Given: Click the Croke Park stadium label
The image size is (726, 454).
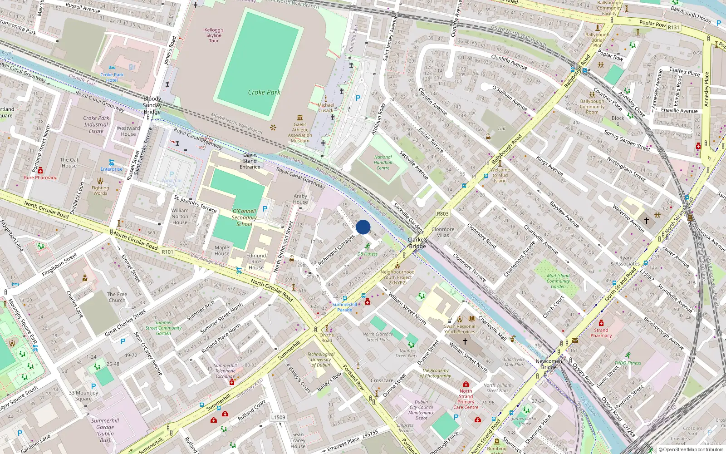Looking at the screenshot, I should (x=264, y=92).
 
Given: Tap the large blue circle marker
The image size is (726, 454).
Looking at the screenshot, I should (x=363, y=227).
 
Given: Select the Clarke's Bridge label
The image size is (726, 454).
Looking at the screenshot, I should (x=417, y=243).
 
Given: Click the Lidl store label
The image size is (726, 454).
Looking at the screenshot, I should (x=501, y=128).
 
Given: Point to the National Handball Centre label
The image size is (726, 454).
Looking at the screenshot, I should (x=383, y=163).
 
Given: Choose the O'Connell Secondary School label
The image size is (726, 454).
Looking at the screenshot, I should (x=244, y=217).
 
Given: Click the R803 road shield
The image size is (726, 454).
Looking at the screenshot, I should (x=442, y=213).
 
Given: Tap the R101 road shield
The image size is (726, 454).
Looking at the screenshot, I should (x=167, y=252).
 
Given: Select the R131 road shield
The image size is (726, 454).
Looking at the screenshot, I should (x=673, y=27).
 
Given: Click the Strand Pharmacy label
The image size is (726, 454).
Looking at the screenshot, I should (x=601, y=333).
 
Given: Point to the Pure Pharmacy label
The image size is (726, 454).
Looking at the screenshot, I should (x=40, y=178).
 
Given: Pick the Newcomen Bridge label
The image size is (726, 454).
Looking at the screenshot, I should (x=549, y=364).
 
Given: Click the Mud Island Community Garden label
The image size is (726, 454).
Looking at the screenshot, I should (x=558, y=281).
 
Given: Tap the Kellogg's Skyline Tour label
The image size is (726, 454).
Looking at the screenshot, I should (x=214, y=35).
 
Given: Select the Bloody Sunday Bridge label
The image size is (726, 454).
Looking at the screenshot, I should (x=152, y=105).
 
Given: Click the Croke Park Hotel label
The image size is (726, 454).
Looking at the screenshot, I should (x=112, y=77).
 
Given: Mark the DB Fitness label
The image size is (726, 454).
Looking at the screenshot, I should (x=368, y=254).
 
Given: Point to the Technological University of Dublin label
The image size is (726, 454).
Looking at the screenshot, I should (x=321, y=360).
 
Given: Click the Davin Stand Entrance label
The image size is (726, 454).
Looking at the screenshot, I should (x=250, y=161).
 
